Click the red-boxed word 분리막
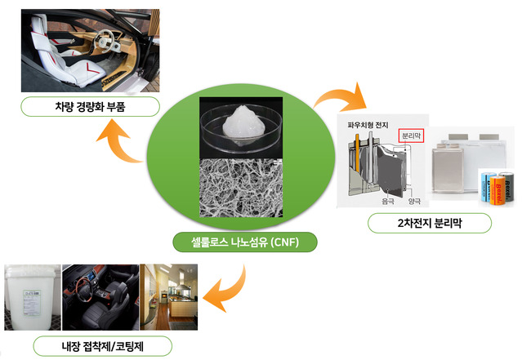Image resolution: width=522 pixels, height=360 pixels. coord(410,136)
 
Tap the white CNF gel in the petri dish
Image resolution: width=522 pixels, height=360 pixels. coord(242,120)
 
